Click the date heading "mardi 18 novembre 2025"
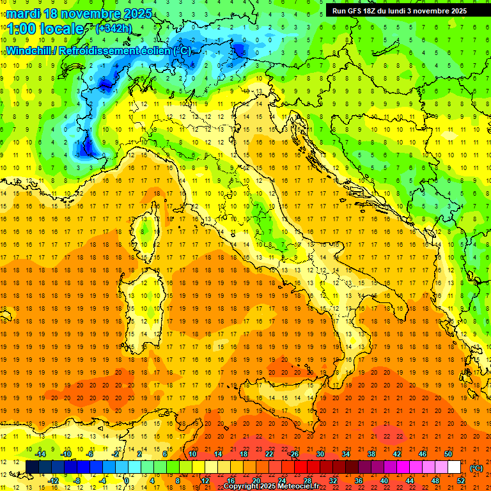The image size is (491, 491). coord(79,13)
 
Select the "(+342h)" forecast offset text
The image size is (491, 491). coord(114,29)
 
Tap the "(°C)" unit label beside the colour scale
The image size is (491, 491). coord(476,468)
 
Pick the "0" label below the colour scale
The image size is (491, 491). coord(127,481)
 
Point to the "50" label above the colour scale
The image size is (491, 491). coord(448,454)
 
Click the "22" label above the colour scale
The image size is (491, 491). coord(269,454)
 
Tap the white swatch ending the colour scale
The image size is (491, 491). coord(454,467)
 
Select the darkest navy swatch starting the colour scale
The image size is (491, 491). coord(32,467)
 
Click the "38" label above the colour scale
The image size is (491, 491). coord(371,454)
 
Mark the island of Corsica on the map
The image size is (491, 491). coord(149,227)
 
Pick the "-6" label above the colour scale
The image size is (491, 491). coord(90,454)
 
